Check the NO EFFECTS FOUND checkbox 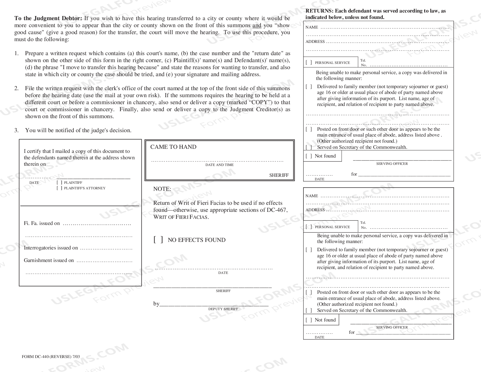tap(158, 240)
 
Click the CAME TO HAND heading tap(173, 147)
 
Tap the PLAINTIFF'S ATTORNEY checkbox tap(59, 188)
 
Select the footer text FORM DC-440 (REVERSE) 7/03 tap(51, 357)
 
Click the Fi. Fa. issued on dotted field tap(97, 224)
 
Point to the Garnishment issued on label tap(49, 260)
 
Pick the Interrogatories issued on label tap(51, 248)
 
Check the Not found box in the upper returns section tap(309, 156)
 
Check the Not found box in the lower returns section tap(309, 320)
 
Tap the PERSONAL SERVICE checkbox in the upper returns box tap(309, 62)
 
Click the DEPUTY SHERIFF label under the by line tap(223, 309)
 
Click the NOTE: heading tap(162, 189)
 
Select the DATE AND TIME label tap(219, 165)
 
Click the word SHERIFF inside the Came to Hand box tap(279, 175)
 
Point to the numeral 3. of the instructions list tap(16, 130)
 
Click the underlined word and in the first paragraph tap(257, 25)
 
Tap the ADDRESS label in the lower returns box tap(315, 210)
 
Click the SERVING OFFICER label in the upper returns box tap(392, 164)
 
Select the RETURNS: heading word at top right tap(319, 11)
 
